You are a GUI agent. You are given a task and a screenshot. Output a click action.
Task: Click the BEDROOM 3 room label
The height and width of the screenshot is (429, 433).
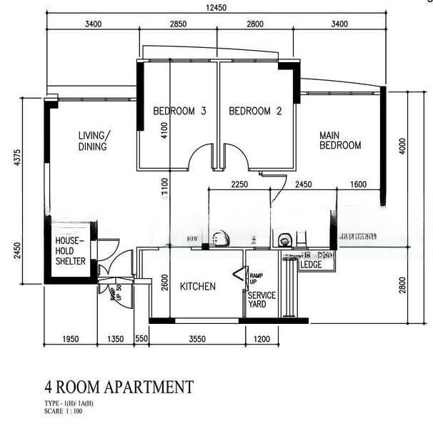pos(179,111)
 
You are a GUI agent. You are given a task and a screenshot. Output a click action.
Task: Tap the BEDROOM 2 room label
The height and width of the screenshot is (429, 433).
pos(255,111)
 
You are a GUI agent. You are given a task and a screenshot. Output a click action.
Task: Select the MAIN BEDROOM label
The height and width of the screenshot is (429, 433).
pos(339,140)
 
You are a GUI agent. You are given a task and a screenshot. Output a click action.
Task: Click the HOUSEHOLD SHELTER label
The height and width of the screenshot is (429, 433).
pos(70,252)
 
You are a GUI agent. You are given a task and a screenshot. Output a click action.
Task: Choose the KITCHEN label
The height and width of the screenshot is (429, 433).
pos(197,287)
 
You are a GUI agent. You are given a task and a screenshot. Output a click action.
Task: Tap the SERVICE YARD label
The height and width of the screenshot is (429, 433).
pos(262,300)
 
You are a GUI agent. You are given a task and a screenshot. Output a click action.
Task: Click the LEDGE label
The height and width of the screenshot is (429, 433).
pos(311,265)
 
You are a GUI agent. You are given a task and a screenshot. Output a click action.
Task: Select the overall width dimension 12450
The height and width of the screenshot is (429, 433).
pos(216,8)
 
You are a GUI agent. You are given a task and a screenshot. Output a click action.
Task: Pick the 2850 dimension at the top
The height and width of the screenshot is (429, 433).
pos(178,24)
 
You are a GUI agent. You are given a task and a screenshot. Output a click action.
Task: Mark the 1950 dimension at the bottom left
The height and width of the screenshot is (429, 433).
pos(71,338)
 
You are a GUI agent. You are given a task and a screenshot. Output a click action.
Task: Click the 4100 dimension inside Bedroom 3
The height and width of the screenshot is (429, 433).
pos(164,129)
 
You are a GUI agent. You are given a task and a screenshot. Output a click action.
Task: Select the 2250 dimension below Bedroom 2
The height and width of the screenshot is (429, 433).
pos(239,185)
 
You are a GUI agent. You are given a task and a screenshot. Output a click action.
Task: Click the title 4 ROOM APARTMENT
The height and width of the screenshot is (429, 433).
pos(119,388)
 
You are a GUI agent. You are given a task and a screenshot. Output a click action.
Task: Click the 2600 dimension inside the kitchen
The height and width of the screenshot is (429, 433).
pos(164,283)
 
